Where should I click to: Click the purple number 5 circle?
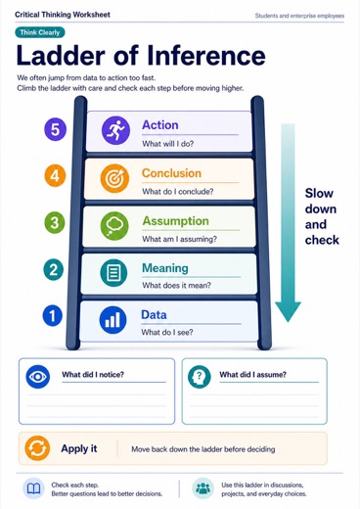[55, 129]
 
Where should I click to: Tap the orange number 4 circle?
[55, 176]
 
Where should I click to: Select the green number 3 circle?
[55, 223]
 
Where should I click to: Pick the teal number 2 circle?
[54, 270]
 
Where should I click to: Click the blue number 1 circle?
[53, 316]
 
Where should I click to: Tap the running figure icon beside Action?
[115, 130]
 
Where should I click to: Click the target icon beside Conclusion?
[114, 178]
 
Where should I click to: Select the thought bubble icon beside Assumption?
[114, 226]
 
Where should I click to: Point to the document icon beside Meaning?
[113, 273]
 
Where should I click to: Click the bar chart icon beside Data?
[112, 320]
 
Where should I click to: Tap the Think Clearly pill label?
[40, 32]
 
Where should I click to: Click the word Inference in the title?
[206, 55]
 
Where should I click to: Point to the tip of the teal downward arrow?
[288, 322]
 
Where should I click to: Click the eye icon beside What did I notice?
[38, 377]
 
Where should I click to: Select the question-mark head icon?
[200, 377]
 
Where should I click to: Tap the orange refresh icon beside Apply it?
[37, 448]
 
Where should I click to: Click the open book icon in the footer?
[33, 488]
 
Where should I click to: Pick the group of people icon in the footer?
[203, 488]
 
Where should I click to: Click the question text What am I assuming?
[179, 239]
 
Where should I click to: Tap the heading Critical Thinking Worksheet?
[63, 15]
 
